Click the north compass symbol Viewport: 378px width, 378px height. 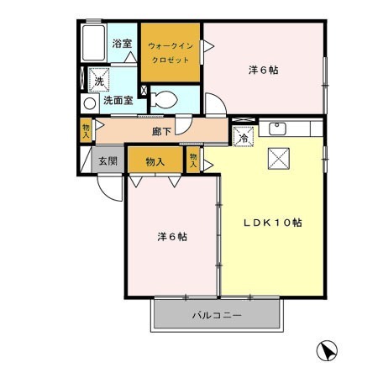(327, 350)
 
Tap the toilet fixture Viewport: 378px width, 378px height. (164, 100)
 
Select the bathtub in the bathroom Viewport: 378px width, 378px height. (93, 43)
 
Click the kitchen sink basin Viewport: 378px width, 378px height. (277, 129)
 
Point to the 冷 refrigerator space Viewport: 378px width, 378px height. (244, 137)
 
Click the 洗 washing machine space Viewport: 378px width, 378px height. (99, 80)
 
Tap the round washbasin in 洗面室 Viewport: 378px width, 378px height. (90, 104)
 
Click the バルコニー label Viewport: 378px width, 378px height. (217, 316)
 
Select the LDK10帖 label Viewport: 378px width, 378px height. (272, 223)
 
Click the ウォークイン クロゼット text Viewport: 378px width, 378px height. (171, 53)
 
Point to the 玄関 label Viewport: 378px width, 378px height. (108, 160)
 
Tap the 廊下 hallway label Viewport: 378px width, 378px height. (161, 131)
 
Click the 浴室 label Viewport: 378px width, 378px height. (122, 44)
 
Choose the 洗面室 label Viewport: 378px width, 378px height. (118, 100)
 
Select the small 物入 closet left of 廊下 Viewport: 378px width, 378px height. (86, 131)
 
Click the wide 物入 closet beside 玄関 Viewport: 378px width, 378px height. (155, 161)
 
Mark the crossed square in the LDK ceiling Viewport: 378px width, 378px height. (279, 159)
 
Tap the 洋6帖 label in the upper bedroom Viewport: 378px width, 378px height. (263, 70)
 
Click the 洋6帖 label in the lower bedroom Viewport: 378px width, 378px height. (172, 237)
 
